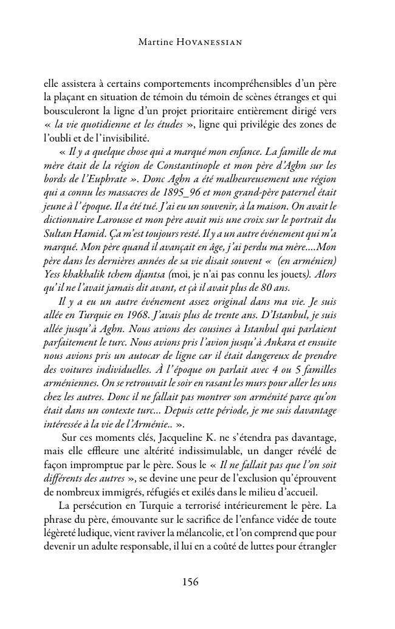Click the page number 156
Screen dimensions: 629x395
tap(190, 582)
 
